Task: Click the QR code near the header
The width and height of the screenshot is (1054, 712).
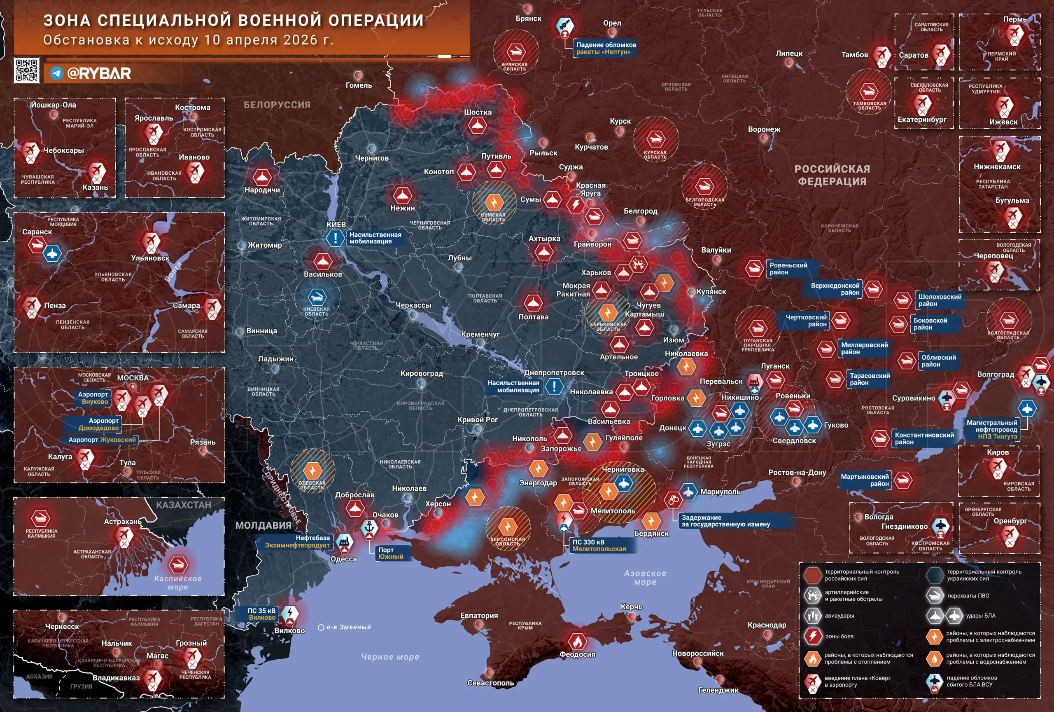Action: pos(26,70)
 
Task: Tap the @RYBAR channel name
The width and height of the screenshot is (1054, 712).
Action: pos(99,73)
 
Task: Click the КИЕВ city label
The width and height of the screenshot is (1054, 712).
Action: pos(336,225)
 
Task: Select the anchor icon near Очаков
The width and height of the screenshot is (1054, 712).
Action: pos(369,527)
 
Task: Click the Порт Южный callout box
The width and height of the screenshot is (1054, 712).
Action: pos(391,553)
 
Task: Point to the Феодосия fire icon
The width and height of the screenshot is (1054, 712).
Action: pos(577,641)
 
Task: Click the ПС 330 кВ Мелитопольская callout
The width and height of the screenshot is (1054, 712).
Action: pos(599,546)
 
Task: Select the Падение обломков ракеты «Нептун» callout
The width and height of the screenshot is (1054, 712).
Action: pos(606,48)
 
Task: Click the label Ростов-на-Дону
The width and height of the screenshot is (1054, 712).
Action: pos(797,472)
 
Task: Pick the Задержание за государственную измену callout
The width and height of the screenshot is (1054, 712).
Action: pos(725,521)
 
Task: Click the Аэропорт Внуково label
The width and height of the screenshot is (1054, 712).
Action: pos(93,398)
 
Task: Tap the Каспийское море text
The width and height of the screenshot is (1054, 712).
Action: pos(178,583)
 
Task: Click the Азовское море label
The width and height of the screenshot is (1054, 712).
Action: pos(645,577)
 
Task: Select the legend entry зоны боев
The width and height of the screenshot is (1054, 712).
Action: pos(839,636)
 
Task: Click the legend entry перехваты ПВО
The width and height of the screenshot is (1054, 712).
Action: pos(968,596)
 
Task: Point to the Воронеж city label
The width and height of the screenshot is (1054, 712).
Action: pos(764,129)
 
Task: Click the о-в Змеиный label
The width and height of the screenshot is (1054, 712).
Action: pos(348,627)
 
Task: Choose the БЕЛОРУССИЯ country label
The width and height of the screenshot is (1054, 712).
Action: pos(277,105)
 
